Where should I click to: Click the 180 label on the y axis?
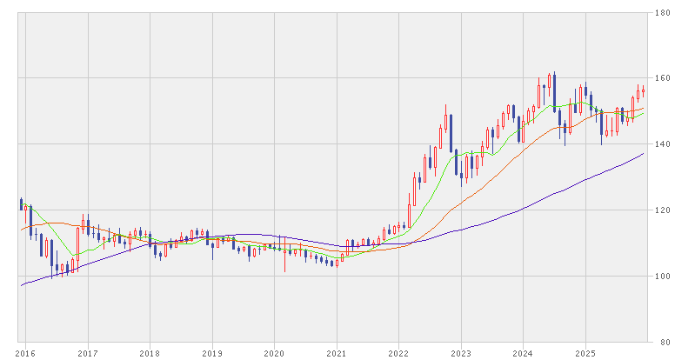click(x=663, y=12)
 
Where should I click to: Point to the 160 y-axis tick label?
click(x=663, y=78)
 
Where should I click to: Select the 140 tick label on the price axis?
click(x=663, y=144)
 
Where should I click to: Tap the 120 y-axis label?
click(x=663, y=210)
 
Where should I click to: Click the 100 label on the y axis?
click(x=663, y=277)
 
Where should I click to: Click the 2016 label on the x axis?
click(x=25, y=353)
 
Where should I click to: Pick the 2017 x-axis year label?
click(x=87, y=353)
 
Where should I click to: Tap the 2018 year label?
click(x=150, y=353)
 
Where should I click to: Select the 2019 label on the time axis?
click(x=212, y=353)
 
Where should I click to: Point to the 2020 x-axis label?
click(x=274, y=353)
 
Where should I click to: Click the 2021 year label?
click(x=337, y=353)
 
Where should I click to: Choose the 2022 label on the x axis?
click(x=398, y=353)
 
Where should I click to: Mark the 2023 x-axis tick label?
click(x=461, y=353)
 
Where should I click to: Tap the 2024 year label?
click(x=523, y=353)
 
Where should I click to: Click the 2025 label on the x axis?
click(x=585, y=353)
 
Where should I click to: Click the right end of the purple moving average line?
click(x=644, y=154)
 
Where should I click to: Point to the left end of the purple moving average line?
click(x=21, y=285)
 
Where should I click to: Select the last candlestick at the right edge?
click(x=644, y=90)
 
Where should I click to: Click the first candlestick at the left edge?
click(x=21, y=204)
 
